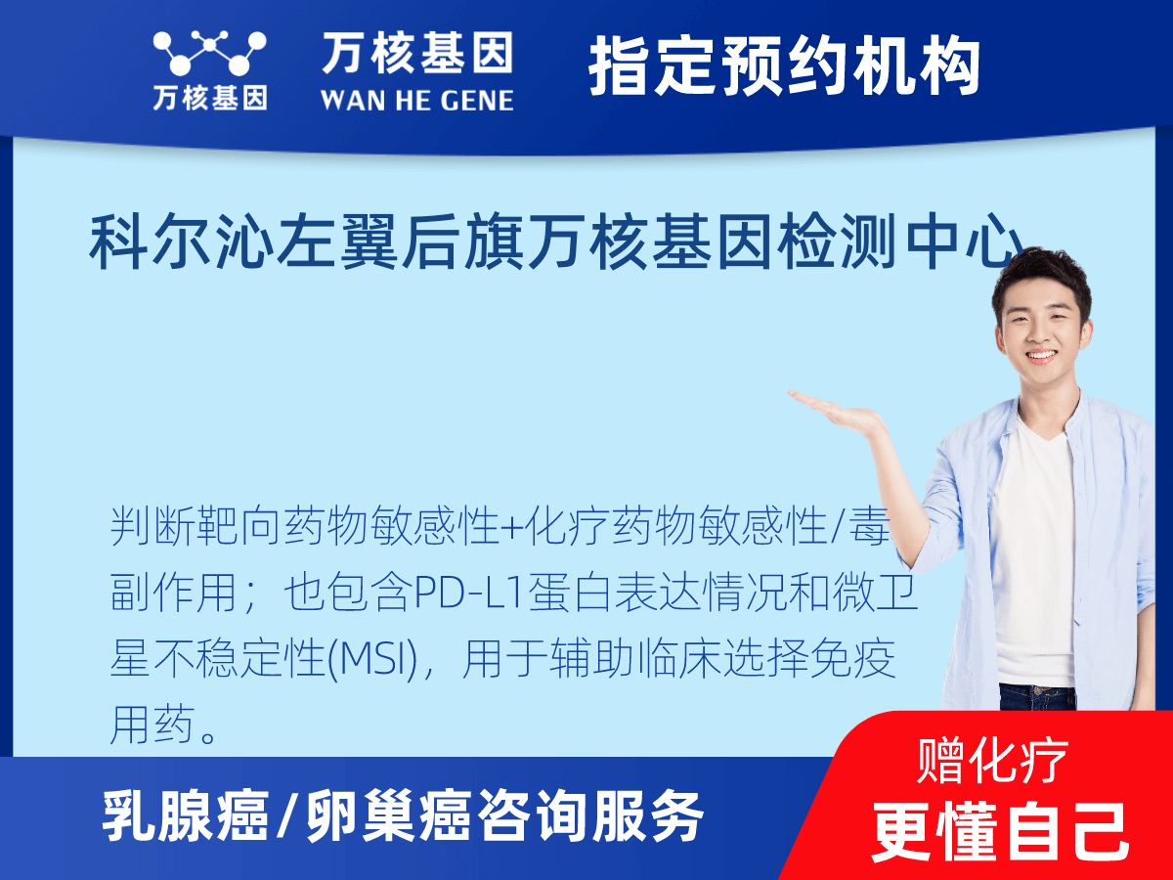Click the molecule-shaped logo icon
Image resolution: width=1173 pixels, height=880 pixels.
tap(209, 52)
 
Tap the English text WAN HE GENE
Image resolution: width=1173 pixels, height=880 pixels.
tap(416, 101)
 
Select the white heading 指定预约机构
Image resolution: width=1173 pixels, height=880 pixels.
tap(785, 66)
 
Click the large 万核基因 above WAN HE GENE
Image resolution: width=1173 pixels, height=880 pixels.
tap(417, 53)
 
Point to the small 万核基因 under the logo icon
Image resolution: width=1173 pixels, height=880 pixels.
tap(210, 99)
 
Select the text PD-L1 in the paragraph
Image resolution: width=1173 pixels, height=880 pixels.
tap(467, 594)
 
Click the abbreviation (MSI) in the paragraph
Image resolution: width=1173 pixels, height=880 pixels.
tap(372, 660)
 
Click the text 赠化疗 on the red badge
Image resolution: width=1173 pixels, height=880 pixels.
tap(992, 762)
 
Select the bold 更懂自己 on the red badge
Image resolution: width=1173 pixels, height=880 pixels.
tap(1000, 832)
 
